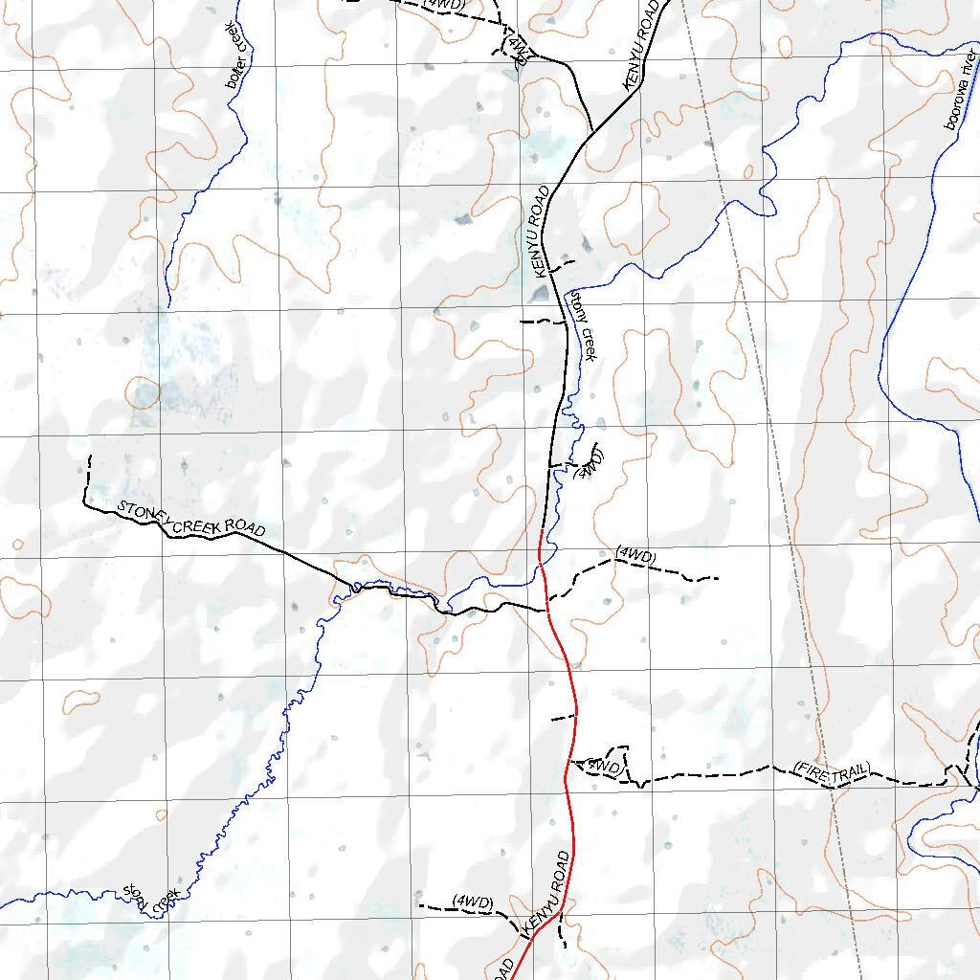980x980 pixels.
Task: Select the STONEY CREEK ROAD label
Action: tap(190, 520)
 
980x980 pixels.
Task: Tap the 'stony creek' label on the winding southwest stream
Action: tap(152, 899)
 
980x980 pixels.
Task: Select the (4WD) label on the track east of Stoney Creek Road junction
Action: tap(635, 554)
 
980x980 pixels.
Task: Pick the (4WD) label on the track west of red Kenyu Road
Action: tap(474, 902)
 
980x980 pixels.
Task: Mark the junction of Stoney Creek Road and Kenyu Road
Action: tap(546, 609)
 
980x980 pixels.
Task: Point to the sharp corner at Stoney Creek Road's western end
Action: tap(84, 503)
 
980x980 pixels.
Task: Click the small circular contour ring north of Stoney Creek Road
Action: tap(144, 393)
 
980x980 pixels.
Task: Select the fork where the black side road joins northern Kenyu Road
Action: tap(593, 131)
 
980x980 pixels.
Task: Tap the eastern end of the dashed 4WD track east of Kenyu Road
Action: tap(718, 578)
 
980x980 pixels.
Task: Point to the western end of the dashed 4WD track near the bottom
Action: tap(419, 903)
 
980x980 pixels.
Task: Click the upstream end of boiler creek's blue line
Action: tap(168, 305)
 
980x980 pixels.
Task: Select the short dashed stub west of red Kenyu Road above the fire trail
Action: tap(563, 717)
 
